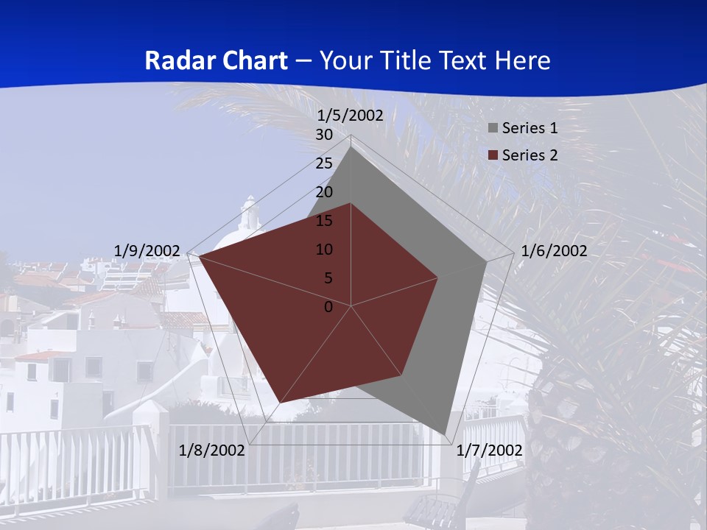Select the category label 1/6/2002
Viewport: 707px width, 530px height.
554,251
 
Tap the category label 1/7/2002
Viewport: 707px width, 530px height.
490,451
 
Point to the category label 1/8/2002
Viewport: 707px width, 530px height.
212,451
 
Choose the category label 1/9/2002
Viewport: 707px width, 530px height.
147,251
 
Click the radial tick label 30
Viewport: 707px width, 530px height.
324,135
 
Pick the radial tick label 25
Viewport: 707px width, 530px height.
324,163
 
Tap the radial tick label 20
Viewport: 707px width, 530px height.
324,192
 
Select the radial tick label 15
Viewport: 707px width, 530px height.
324,221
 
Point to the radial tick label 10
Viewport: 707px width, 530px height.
324,250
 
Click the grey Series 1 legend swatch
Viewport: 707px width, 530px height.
493,128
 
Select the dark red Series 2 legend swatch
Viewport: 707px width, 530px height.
493,155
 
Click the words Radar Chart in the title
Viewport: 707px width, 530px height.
215,60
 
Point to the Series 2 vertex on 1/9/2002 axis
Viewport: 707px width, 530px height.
200,257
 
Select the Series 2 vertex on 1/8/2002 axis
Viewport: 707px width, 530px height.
281,402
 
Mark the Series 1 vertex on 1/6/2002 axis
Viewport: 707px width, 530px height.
487,261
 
